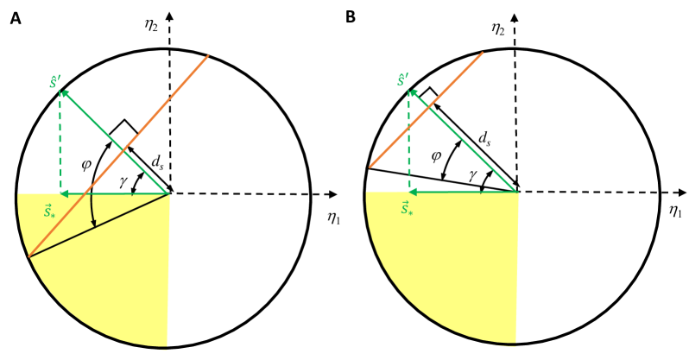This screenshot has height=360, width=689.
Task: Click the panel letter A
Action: click(x=15, y=17)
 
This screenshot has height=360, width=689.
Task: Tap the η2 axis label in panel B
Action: click(x=498, y=28)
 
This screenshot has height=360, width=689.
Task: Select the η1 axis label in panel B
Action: click(x=674, y=210)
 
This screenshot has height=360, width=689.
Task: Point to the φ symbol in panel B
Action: click(x=438, y=156)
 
